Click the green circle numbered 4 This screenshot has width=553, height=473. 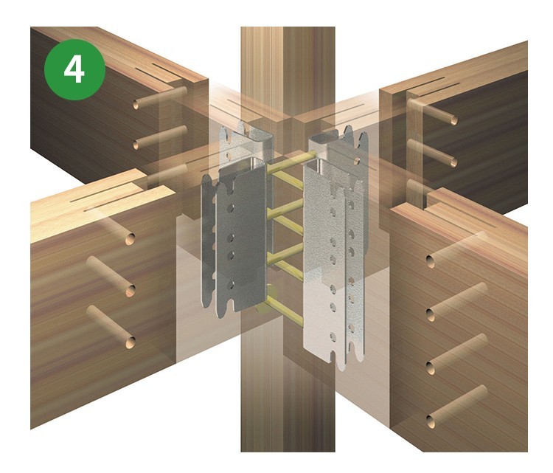click(74, 69)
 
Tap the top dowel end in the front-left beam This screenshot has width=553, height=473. click(130, 239)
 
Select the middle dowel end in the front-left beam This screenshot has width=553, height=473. click(131, 291)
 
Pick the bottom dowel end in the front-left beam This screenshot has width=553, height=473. click(130, 342)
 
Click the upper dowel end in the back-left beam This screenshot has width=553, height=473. click(136, 105)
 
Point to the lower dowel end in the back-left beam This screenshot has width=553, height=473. click(136, 145)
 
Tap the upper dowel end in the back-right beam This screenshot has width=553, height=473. click(454, 121)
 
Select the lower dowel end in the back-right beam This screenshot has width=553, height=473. click(453, 162)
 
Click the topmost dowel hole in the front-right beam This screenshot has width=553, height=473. click(431, 261)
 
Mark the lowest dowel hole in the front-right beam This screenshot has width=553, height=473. click(431, 421)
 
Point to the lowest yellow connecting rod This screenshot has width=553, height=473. click(285, 311)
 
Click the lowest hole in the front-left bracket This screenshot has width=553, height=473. click(230, 285)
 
